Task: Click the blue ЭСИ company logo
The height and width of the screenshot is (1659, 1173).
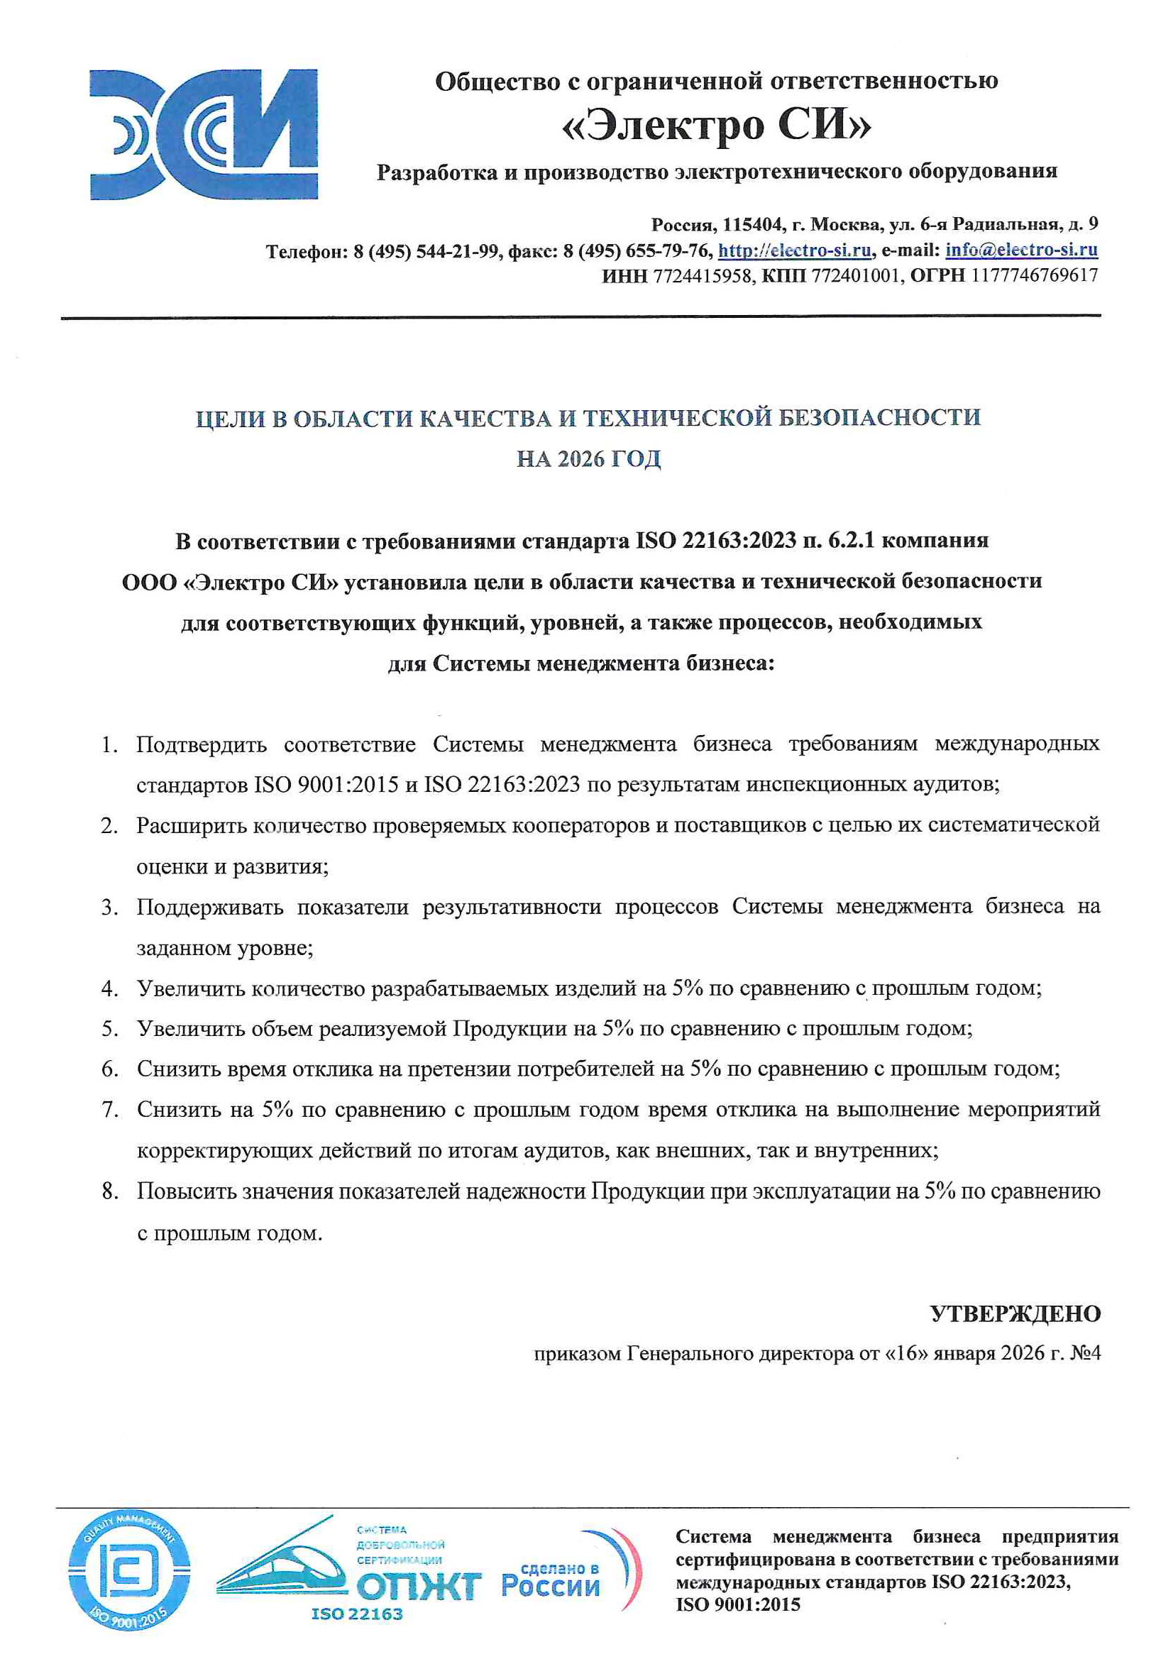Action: click(x=203, y=134)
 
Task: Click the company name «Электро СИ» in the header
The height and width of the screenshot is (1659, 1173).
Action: click(x=716, y=125)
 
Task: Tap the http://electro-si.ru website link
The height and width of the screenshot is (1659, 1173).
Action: click(x=794, y=250)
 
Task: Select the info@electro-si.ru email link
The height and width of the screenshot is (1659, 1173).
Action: click(x=1021, y=250)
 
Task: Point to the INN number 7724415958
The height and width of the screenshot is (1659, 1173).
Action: click(x=702, y=275)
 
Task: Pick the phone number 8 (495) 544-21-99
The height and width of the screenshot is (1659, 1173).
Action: click(x=426, y=251)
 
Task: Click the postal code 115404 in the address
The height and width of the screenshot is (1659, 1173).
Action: click(x=752, y=225)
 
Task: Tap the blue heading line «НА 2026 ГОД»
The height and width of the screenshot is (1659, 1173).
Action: click(x=588, y=459)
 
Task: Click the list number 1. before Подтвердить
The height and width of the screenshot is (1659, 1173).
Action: click(x=110, y=744)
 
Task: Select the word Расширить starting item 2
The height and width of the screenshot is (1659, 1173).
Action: click(x=193, y=825)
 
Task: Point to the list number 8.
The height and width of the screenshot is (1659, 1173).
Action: click(x=110, y=1191)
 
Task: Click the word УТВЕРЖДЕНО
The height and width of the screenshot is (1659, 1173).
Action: click(x=1015, y=1313)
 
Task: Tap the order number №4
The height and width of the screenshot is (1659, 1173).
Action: click(x=1085, y=1352)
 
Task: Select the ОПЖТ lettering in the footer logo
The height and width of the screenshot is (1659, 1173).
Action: click(x=419, y=1587)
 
